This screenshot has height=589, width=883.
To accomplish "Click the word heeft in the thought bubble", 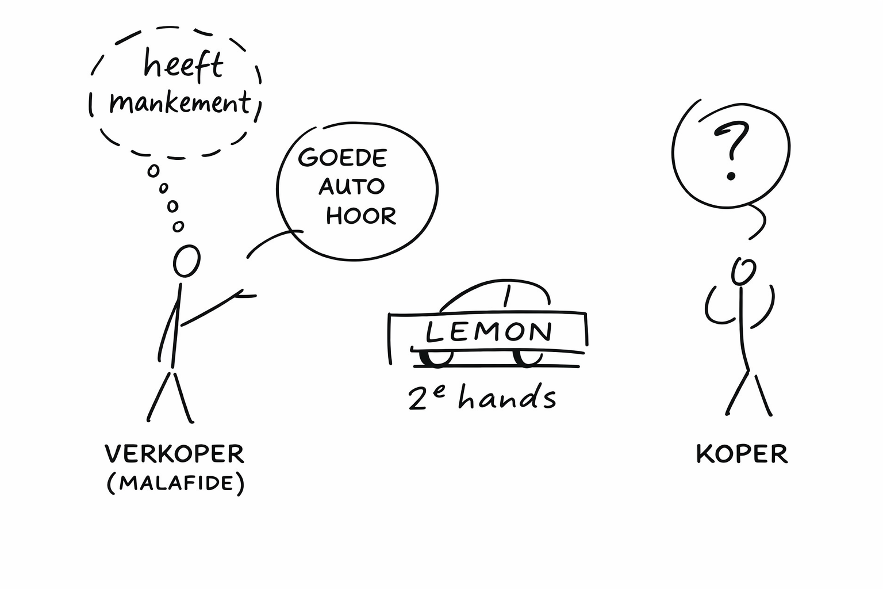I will point(183,64).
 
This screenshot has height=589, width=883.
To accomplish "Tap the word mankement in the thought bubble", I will point(180,104).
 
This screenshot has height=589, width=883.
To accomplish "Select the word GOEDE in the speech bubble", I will point(343,157).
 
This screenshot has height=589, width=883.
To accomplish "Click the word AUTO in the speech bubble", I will point(351,186).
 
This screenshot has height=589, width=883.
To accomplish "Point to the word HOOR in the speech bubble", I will point(361,216).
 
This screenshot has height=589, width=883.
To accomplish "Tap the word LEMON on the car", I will point(489,332).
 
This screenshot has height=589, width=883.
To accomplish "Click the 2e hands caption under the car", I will point(482,397).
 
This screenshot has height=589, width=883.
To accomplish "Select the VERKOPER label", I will point(175,454).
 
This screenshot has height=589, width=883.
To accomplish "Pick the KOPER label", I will point(742,454).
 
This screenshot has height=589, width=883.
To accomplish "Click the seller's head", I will point(187,262).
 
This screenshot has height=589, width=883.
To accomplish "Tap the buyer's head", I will point(743,271).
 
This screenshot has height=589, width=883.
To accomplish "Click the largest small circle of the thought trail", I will point(153,171).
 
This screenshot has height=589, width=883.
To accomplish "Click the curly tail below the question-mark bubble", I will point(759,221).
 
